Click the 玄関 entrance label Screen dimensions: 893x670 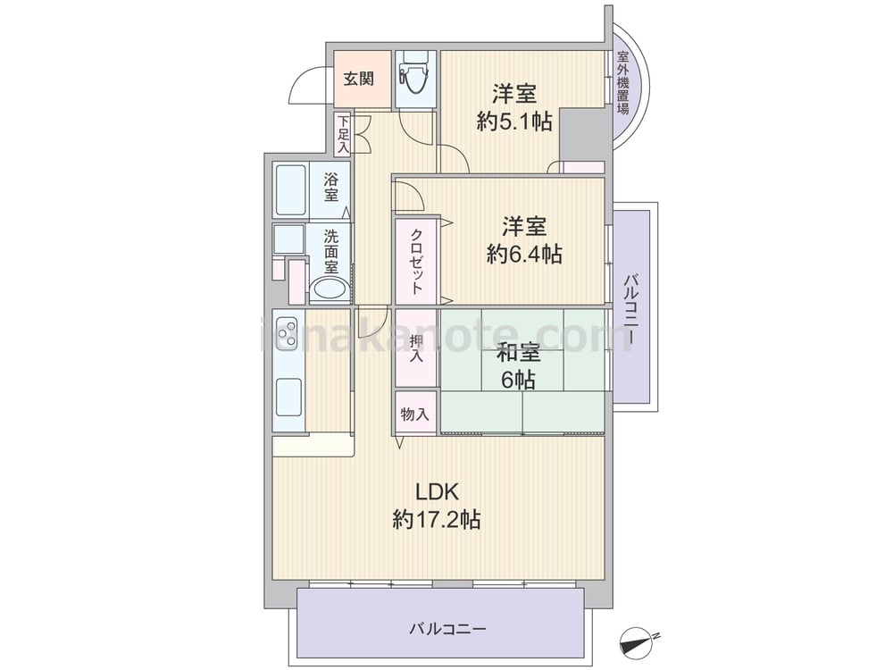point(358,79)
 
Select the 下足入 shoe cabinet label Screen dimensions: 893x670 point(343,134)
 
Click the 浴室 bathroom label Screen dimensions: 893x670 point(330,188)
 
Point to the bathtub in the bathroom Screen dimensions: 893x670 point(290,189)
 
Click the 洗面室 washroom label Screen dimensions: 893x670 point(331,251)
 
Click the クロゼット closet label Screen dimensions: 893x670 point(416,260)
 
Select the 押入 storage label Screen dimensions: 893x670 point(416,348)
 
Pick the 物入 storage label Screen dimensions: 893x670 point(414,415)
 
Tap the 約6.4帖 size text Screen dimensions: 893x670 point(524,254)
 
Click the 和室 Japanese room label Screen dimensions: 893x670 point(518,353)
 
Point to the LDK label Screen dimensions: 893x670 point(437,491)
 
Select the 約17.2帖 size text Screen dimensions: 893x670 point(437,519)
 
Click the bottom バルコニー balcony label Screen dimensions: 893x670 point(447,629)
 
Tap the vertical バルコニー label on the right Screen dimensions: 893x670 point(630,310)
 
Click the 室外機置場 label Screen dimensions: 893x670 point(623,83)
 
